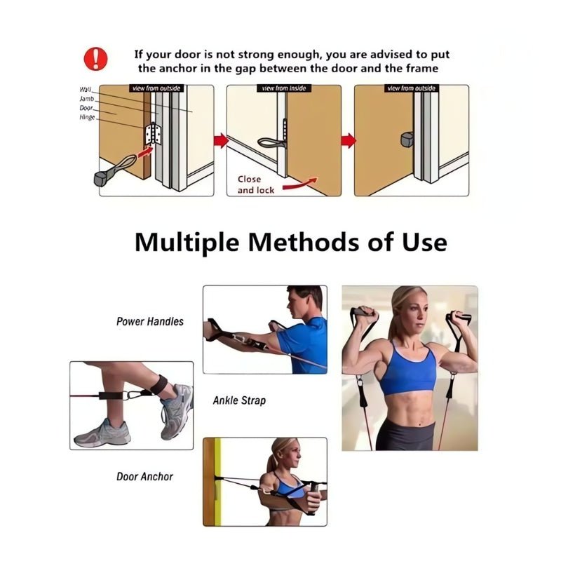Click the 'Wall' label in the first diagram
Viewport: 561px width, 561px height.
coord(86,90)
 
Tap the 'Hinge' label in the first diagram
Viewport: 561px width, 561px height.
coord(87,117)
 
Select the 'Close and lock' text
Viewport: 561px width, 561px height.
coord(255,184)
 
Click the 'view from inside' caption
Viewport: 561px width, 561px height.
coord(283,88)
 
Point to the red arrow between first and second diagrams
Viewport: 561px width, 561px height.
coord(219,141)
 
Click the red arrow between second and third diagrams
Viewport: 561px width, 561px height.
coord(348,141)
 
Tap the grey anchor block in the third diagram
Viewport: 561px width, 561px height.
coord(407,139)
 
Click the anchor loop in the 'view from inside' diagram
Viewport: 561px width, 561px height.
coord(269,143)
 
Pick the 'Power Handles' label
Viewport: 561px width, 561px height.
coord(149,322)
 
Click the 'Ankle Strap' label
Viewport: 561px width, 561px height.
coord(239,401)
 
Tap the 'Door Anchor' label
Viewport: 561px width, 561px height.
coord(144,477)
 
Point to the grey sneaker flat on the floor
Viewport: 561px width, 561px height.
coord(102,433)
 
